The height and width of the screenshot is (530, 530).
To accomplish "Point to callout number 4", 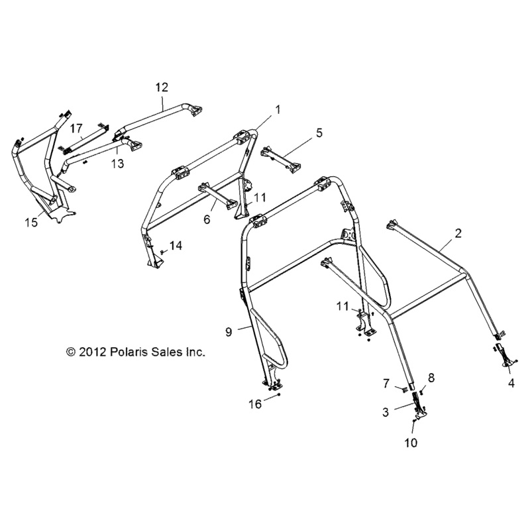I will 511,382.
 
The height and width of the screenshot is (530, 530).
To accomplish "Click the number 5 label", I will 319,132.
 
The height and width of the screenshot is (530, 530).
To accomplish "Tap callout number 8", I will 431,378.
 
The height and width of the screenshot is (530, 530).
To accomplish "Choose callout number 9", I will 228,333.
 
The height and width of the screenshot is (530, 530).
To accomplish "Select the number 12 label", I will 162,87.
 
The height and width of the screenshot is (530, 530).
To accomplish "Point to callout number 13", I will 117,164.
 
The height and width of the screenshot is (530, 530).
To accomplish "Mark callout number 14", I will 175,246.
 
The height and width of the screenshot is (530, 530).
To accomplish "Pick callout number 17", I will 76,127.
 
